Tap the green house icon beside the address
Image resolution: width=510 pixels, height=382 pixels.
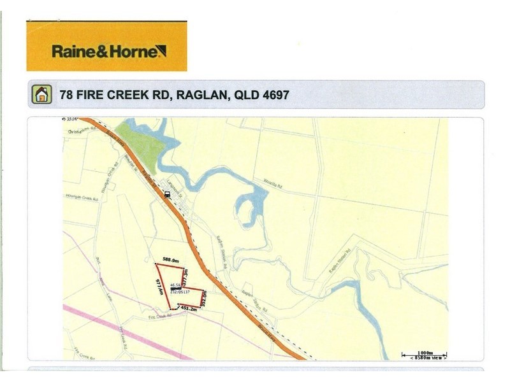(41, 95)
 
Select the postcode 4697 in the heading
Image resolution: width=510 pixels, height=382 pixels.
(275, 95)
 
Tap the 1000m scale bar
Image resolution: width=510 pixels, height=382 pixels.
(423, 353)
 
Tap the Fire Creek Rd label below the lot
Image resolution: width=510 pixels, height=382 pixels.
(161, 315)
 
